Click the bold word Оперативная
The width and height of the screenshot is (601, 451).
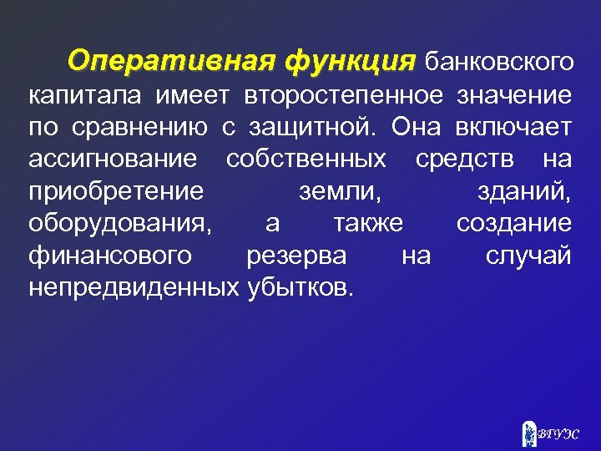click(173, 61)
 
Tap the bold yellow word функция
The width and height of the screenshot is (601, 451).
click(350, 61)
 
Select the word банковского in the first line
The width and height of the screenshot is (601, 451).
click(498, 62)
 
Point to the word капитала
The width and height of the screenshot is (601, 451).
click(87, 96)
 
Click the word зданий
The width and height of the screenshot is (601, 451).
click(523, 191)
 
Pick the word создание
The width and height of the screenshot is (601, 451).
click(513, 223)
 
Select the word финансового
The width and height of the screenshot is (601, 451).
click(109, 255)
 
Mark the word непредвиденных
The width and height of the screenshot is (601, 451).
click(134, 286)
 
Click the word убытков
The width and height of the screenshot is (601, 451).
click(300, 286)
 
